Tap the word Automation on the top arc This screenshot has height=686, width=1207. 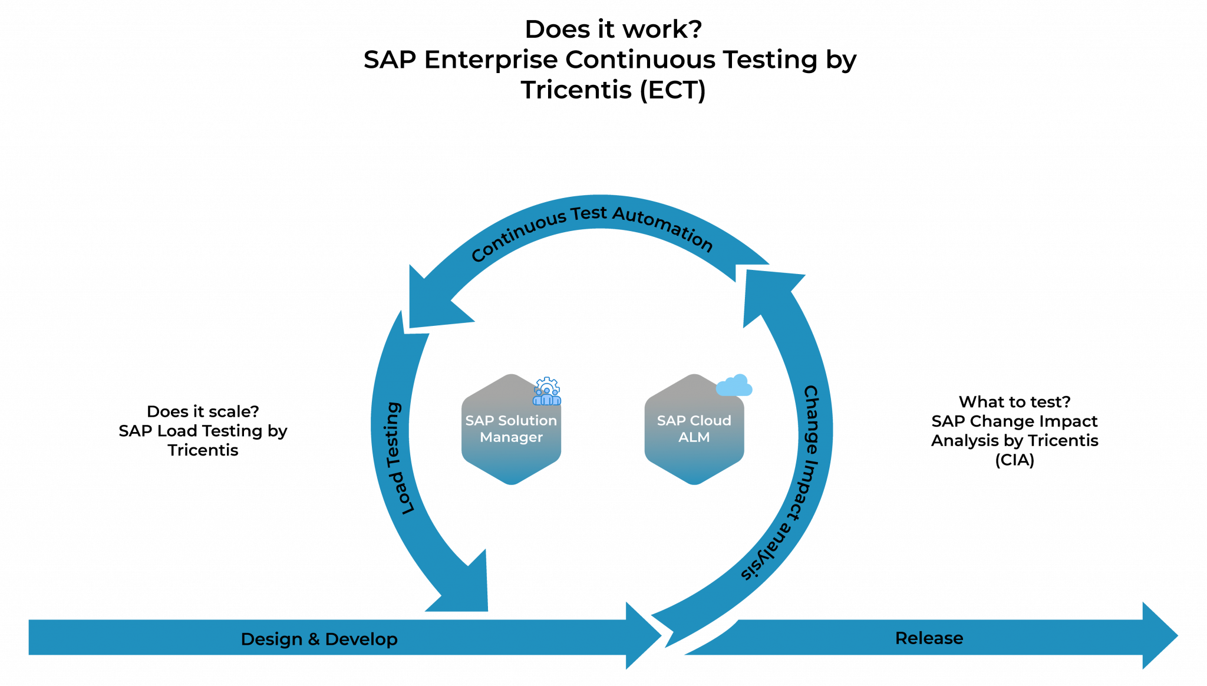(663, 227)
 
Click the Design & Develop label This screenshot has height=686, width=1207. (319, 639)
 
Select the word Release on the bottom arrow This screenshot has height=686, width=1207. (929, 638)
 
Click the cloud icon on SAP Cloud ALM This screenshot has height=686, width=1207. (734, 385)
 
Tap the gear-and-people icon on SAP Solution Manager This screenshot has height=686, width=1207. (547, 391)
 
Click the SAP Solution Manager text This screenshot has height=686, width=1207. (511, 428)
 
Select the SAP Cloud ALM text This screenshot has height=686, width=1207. (694, 428)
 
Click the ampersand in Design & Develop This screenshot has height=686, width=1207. (314, 639)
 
